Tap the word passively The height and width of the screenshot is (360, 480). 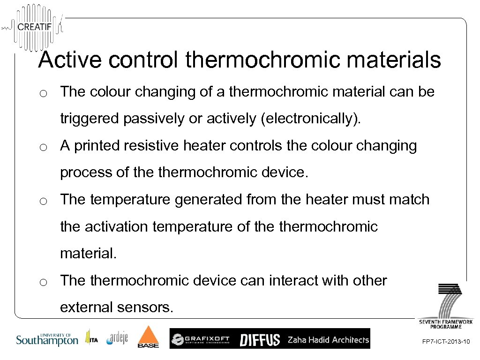(x=154, y=119)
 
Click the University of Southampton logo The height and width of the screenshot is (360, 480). (x=47, y=339)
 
